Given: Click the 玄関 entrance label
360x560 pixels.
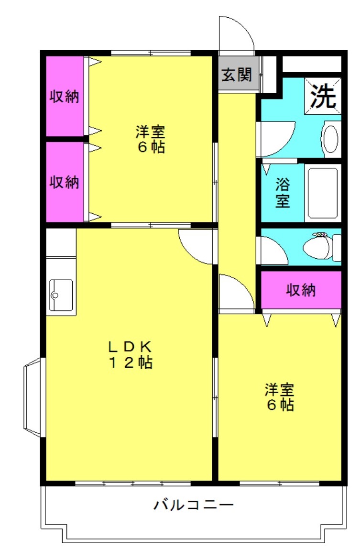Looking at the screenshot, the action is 237,75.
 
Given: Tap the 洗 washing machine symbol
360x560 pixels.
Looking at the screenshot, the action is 323,96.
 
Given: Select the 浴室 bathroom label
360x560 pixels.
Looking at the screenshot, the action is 282,193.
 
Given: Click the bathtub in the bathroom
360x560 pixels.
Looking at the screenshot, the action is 323,193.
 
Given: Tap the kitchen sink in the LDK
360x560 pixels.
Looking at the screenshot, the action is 61,295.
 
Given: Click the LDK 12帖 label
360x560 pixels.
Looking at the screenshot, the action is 131,355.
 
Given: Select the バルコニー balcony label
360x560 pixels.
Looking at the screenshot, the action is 193,505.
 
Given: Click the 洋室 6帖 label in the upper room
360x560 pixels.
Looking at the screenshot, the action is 150,139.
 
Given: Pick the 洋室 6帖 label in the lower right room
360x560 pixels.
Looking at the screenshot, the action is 280,397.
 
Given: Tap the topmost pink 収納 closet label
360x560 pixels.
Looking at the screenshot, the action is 64,96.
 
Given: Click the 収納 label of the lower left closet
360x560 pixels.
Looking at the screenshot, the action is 64,182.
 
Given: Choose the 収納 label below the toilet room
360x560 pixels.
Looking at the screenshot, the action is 301,290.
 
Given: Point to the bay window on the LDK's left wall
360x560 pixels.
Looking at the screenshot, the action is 33,397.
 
